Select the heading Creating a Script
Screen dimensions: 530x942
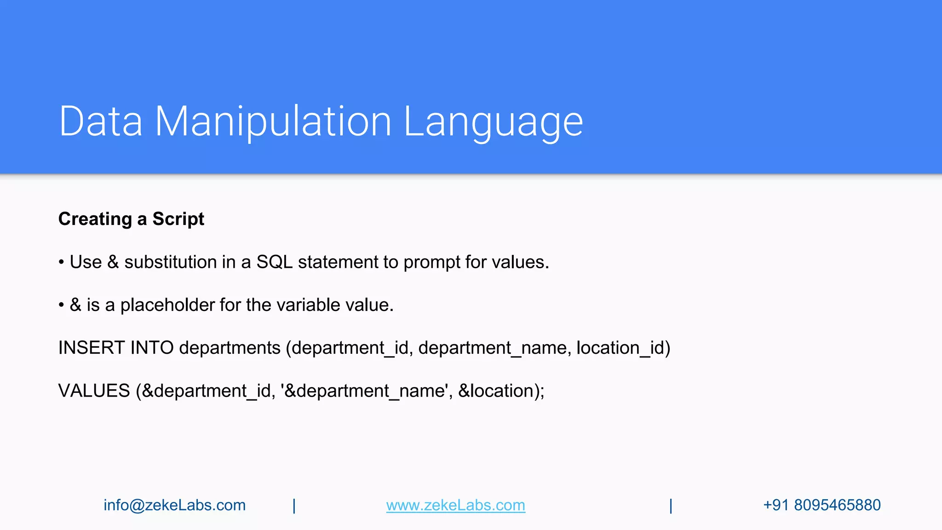pos(131,219)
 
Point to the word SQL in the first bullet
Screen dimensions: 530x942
pos(274,262)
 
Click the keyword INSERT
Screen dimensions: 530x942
pos(91,348)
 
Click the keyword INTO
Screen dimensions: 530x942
pos(152,348)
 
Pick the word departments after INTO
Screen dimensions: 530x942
pos(230,348)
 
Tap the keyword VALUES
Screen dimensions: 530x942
pos(94,391)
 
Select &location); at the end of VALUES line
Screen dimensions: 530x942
pos(501,391)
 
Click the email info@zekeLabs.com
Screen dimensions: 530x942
pos(174,505)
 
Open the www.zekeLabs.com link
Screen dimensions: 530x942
pos(455,505)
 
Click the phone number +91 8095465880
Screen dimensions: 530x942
pos(821,505)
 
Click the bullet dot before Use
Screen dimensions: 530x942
pos(61,263)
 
